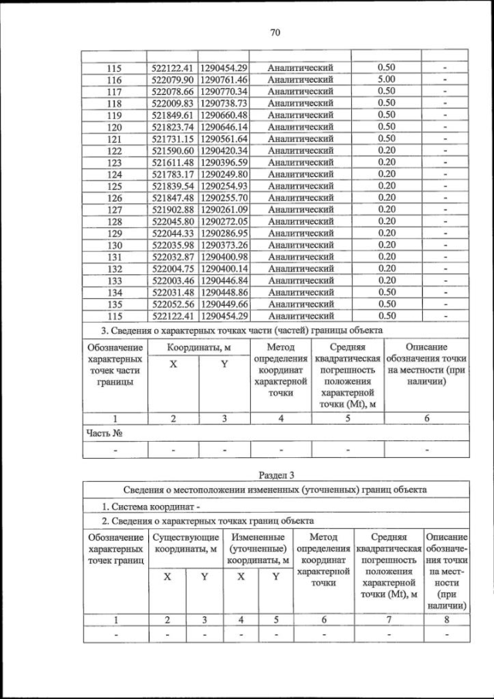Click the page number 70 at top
click(274, 32)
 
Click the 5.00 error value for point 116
click(386, 80)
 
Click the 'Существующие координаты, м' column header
click(185, 543)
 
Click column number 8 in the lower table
click(445, 619)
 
